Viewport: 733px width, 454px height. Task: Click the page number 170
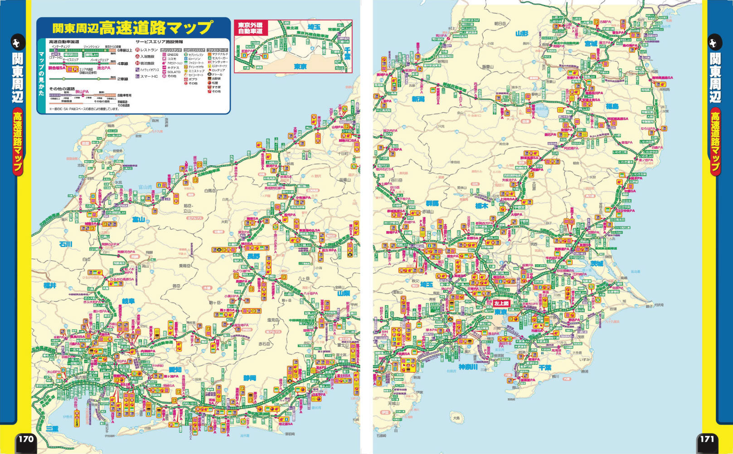pyautogui.click(x=26, y=439)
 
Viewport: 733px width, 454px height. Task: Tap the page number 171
pyautogui.click(x=707, y=439)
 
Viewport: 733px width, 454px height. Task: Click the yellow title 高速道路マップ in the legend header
pyautogui.click(x=156, y=28)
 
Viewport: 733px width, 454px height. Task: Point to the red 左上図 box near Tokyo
pyautogui.click(x=502, y=303)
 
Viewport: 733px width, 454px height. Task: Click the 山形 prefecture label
pyautogui.click(x=522, y=34)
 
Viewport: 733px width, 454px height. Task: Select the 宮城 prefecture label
pyautogui.click(x=591, y=44)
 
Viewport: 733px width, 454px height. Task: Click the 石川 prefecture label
pyautogui.click(x=66, y=244)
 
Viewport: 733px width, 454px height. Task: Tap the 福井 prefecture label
pyautogui.click(x=50, y=285)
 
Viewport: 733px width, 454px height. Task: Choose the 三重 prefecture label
pyautogui.click(x=52, y=428)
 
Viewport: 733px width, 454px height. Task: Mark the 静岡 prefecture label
pyautogui.click(x=249, y=378)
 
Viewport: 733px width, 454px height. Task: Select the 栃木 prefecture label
pyautogui.click(x=481, y=205)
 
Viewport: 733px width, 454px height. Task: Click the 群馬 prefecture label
pyautogui.click(x=432, y=203)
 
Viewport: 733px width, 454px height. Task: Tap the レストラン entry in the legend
pyautogui.click(x=149, y=50)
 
